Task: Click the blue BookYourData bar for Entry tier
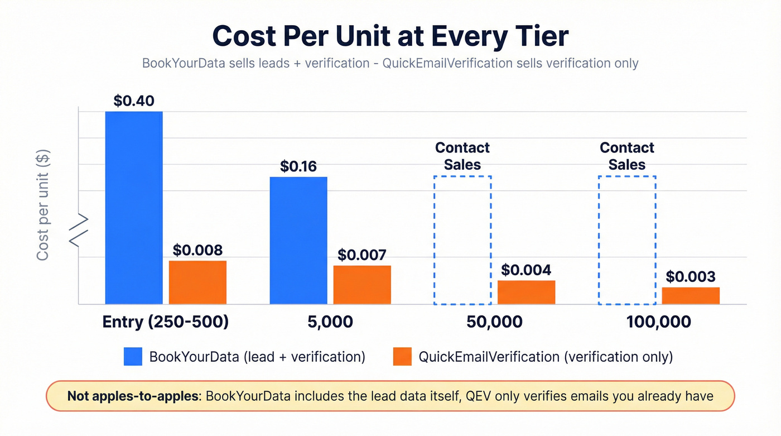click(x=134, y=208)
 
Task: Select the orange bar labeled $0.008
click(x=197, y=282)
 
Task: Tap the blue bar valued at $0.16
click(x=298, y=241)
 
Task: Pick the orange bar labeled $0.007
click(x=362, y=285)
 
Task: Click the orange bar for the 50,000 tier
click(x=526, y=292)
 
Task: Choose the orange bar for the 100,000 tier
click(x=691, y=295)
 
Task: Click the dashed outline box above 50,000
click(x=462, y=241)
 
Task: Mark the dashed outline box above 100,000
click(x=627, y=241)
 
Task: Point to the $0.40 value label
click(x=134, y=101)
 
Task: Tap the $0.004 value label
click(x=526, y=270)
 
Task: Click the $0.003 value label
click(x=691, y=277)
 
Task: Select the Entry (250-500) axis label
click(x=166, y=322)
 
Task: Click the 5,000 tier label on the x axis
click(x=330, y=322)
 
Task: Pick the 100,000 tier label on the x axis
click(x=658, y=322)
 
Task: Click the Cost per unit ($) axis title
click(x=43, y=205)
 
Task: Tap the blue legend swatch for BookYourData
click(x=133, y=357)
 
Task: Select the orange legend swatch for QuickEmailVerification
click(x=402, y=357)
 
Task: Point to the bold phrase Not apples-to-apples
click(x=133, y=396)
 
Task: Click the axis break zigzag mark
click(x=79, y=230)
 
